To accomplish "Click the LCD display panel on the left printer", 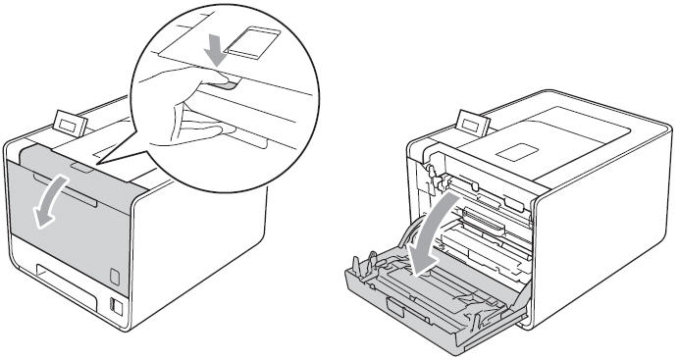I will click(x=69, y=127).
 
